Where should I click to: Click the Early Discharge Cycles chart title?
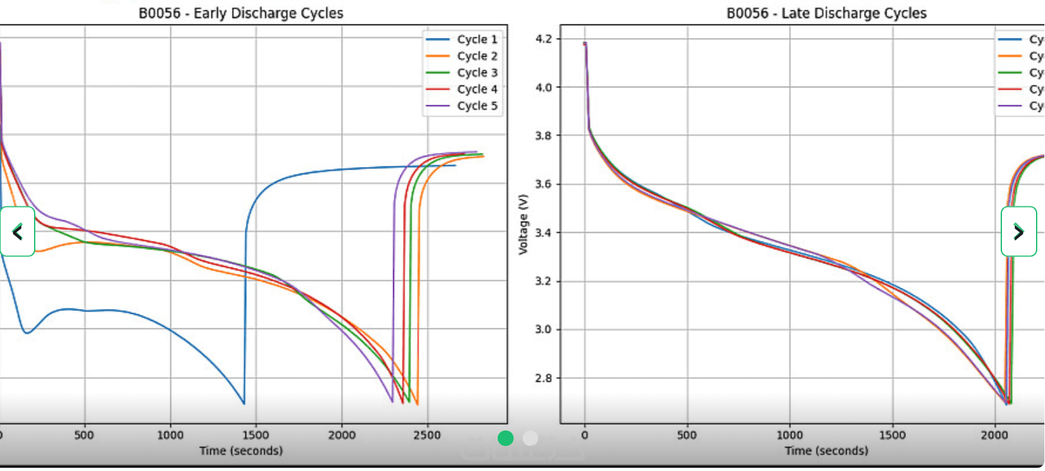[241, 13]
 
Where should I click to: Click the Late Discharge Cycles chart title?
[826, 13]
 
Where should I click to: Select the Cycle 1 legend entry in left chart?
[477, 39]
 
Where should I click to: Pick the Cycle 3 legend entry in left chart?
[477, 73]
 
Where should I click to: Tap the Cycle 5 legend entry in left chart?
[477, 106]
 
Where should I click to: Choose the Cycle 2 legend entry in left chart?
[477, 56]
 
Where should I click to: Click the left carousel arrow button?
[17, 231]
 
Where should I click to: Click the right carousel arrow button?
[1019, 231]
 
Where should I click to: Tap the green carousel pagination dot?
[505, 438]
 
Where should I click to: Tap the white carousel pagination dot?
[531, 438]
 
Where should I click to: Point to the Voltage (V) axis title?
[523, 225]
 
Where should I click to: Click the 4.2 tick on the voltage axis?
[543, 39]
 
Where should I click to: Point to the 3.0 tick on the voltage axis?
[543, 330]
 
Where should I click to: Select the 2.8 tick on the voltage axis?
[543, 378]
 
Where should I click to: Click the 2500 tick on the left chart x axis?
[427, 435]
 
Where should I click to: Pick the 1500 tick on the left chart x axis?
[256, 435]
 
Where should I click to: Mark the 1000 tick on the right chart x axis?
[789, 435]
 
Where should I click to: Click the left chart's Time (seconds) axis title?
[241, 450]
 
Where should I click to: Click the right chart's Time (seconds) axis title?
[826, 450]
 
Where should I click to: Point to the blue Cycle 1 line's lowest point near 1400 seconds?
[244, 404]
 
